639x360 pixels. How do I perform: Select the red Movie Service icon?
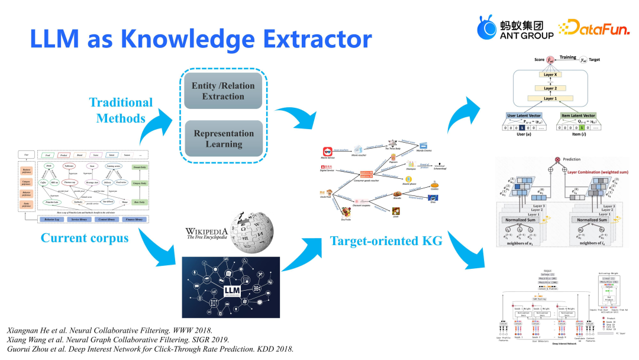coord(324,151)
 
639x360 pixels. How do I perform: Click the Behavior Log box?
coord(56,219)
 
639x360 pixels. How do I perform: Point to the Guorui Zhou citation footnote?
coord(150,349)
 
